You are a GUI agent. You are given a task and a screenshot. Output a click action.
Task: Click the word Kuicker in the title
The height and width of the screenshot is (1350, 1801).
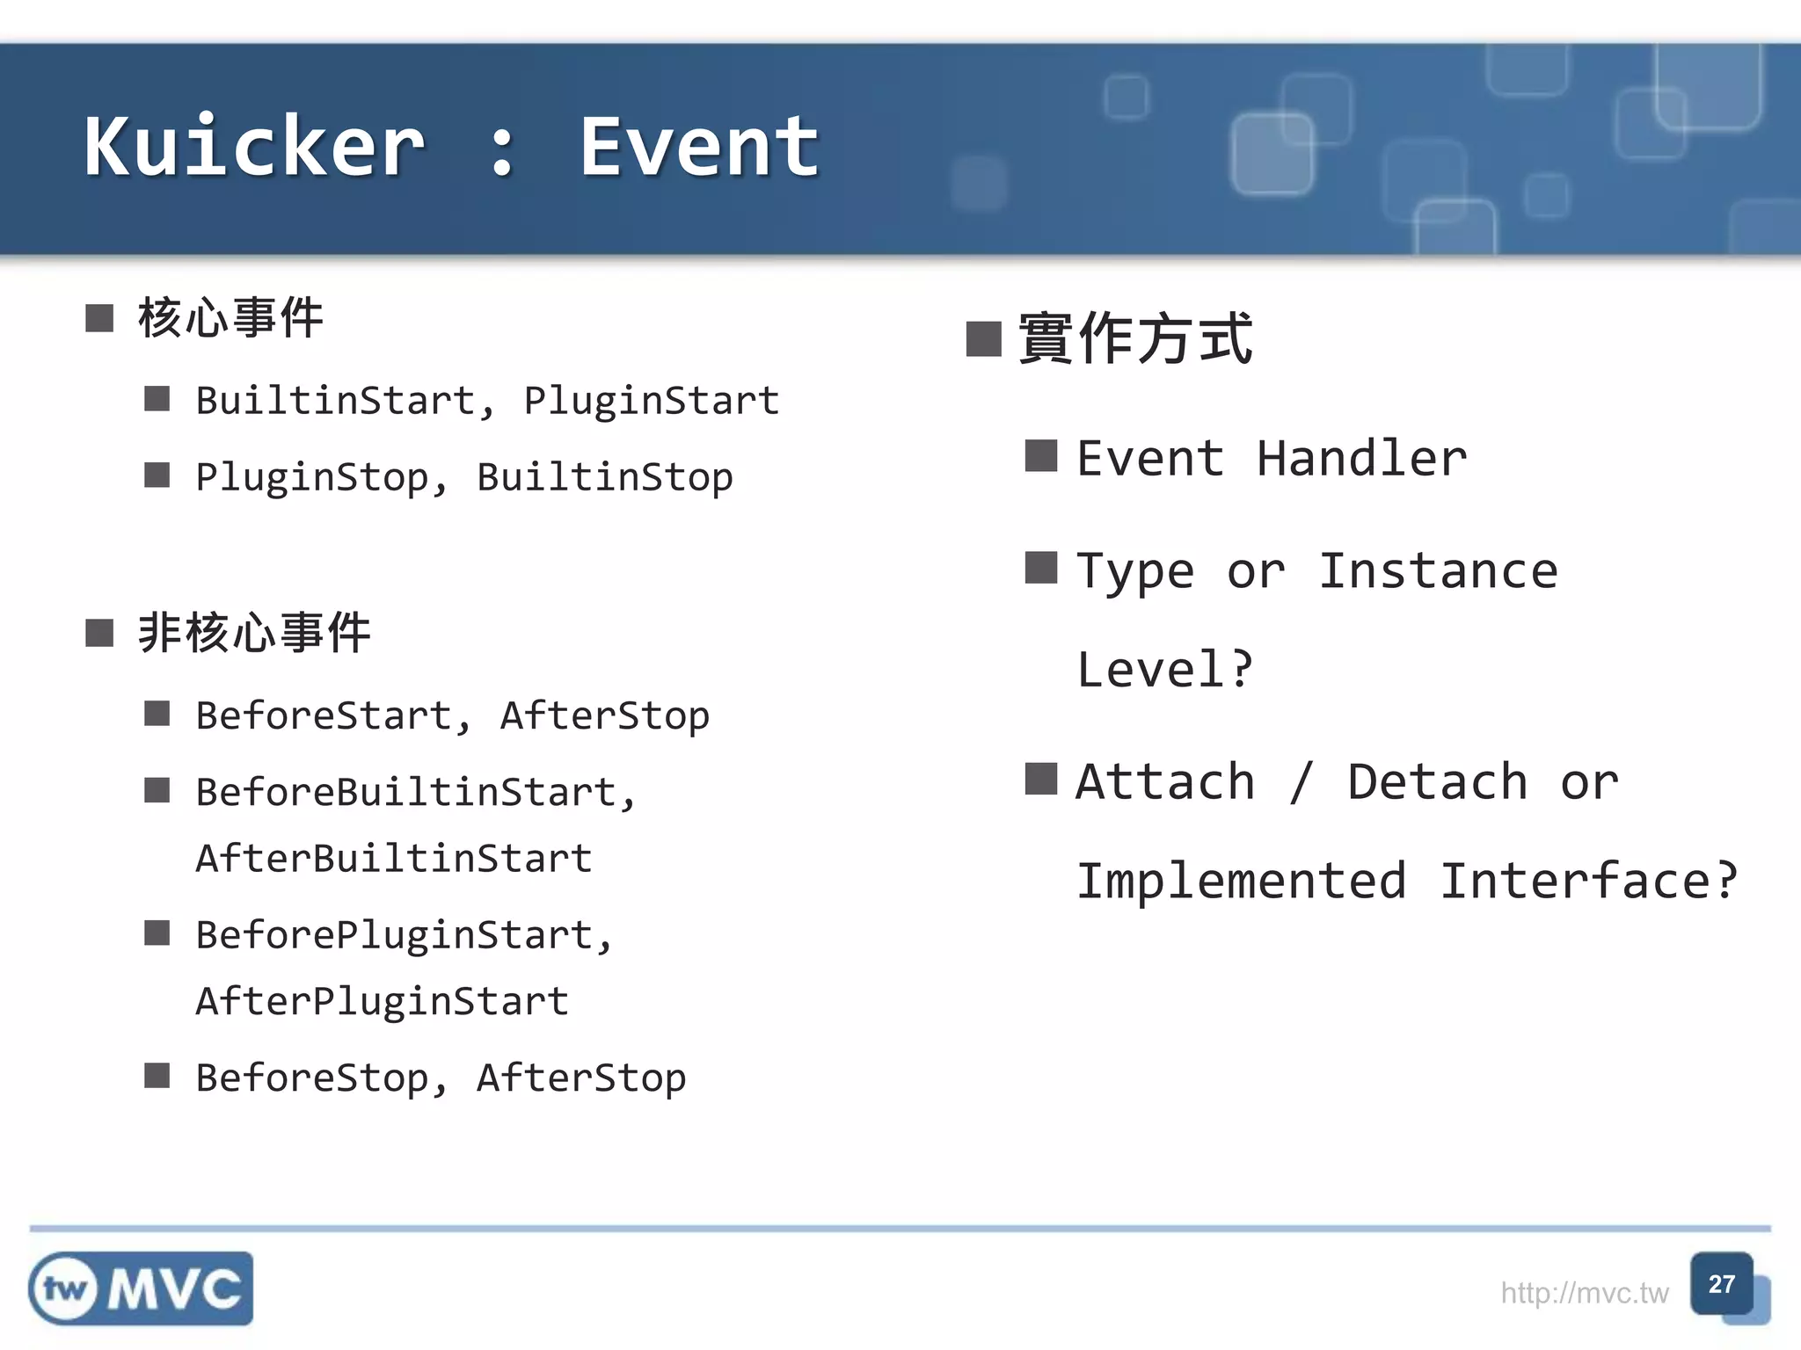click(255, 147)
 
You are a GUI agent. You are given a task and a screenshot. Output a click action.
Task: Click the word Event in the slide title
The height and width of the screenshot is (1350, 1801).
click(699, 147)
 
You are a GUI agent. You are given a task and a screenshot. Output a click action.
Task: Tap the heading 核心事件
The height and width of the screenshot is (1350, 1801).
click(230, 318)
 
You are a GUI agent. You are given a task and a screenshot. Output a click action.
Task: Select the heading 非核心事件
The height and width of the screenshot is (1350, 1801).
click(254, 633)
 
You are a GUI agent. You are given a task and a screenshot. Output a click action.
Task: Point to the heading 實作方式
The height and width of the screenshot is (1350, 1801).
click(1134, 339)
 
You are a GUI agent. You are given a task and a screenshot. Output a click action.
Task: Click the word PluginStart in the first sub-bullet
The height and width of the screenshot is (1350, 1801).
click(651, 401)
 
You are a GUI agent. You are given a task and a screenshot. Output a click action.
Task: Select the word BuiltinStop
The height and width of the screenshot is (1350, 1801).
click(604, 477)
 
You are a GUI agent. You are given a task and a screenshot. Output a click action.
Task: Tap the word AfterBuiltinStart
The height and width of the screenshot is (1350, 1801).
click(393, 859)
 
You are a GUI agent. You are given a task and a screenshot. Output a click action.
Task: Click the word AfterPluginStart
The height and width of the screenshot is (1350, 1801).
click(382, 1001)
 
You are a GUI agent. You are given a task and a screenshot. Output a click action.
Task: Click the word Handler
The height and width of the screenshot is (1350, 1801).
click(1361, 459)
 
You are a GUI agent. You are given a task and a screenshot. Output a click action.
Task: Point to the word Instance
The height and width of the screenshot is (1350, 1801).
click(1438, 571)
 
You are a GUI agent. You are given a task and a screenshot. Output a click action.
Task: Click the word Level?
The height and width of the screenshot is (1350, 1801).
click(1163, 670)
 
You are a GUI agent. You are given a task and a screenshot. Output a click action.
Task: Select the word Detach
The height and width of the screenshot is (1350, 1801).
click(1437, 782)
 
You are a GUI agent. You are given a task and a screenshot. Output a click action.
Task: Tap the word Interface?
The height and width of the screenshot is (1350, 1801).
click(1588, 881)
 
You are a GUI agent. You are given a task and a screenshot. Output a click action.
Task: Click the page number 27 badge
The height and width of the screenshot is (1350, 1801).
click(1721, 1284)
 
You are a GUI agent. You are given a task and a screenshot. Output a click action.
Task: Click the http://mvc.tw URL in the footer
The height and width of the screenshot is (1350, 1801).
click(1584, 1293)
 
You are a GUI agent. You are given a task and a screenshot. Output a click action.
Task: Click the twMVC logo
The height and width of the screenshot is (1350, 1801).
click(141, 1288)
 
